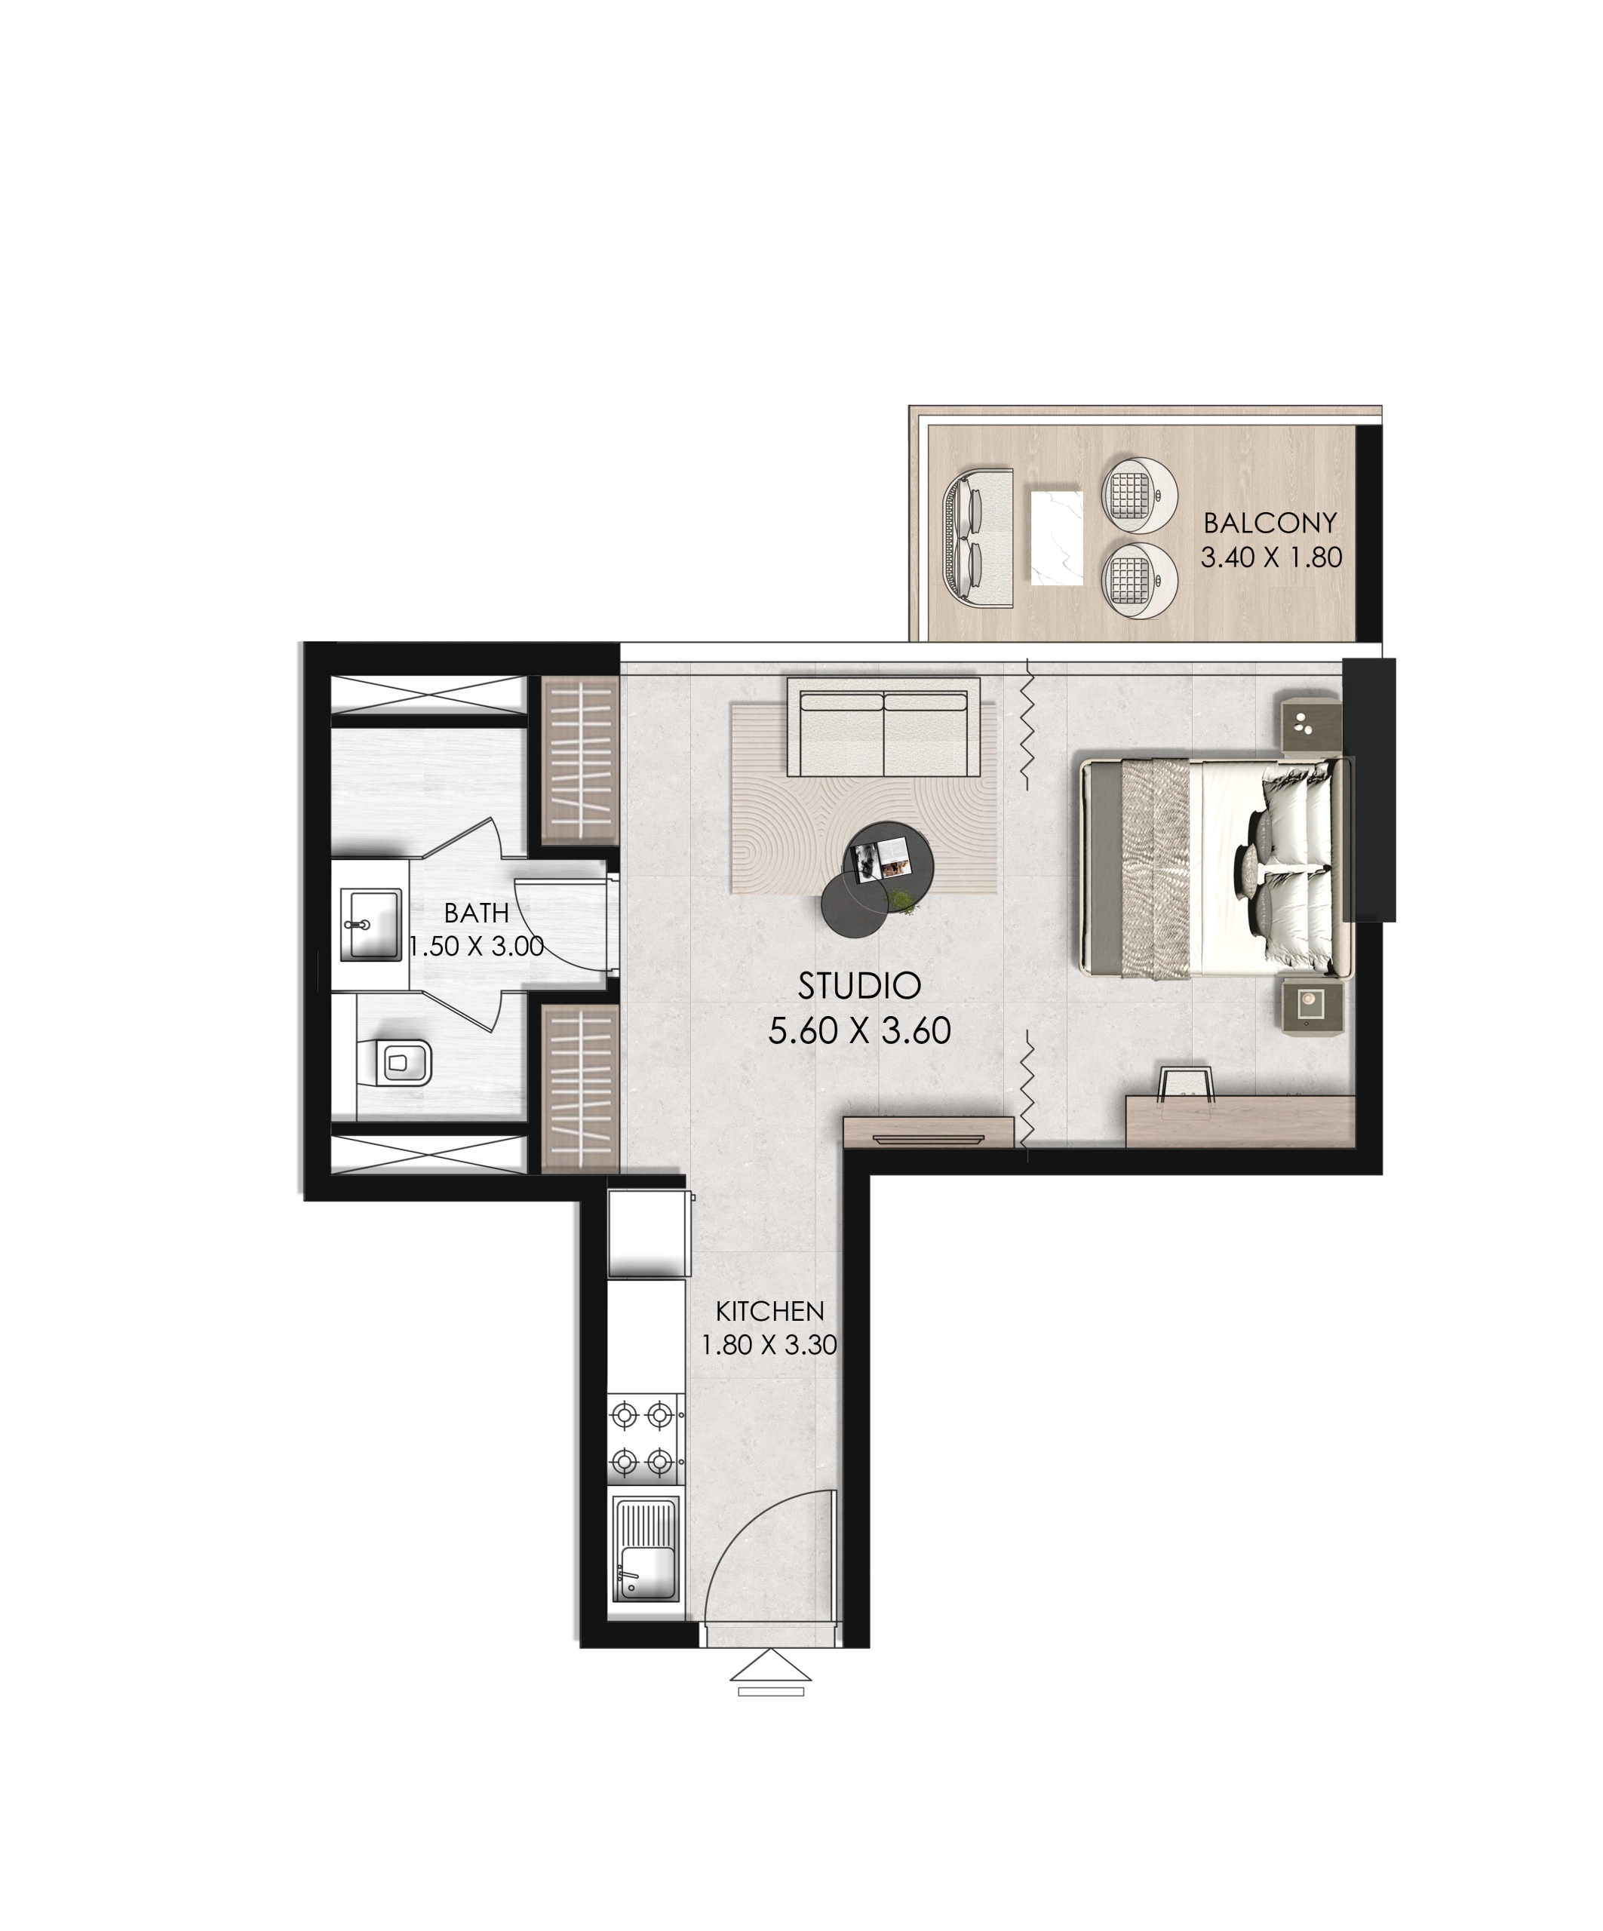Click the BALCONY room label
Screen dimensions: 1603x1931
tap(1269, 523)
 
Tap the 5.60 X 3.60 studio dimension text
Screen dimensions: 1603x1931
tap(859, 1031)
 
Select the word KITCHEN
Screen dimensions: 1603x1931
tap(769, 1310)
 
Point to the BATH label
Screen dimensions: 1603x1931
tap(477, 913)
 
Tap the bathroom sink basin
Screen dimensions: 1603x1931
tap(370, 924)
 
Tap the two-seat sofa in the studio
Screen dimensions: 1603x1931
tap(883, 727)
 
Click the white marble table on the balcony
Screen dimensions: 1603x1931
tap(1058, 538)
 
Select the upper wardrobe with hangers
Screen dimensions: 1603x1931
tap(579, 760)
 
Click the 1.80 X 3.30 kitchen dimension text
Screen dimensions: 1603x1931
tap(769, 1345)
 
